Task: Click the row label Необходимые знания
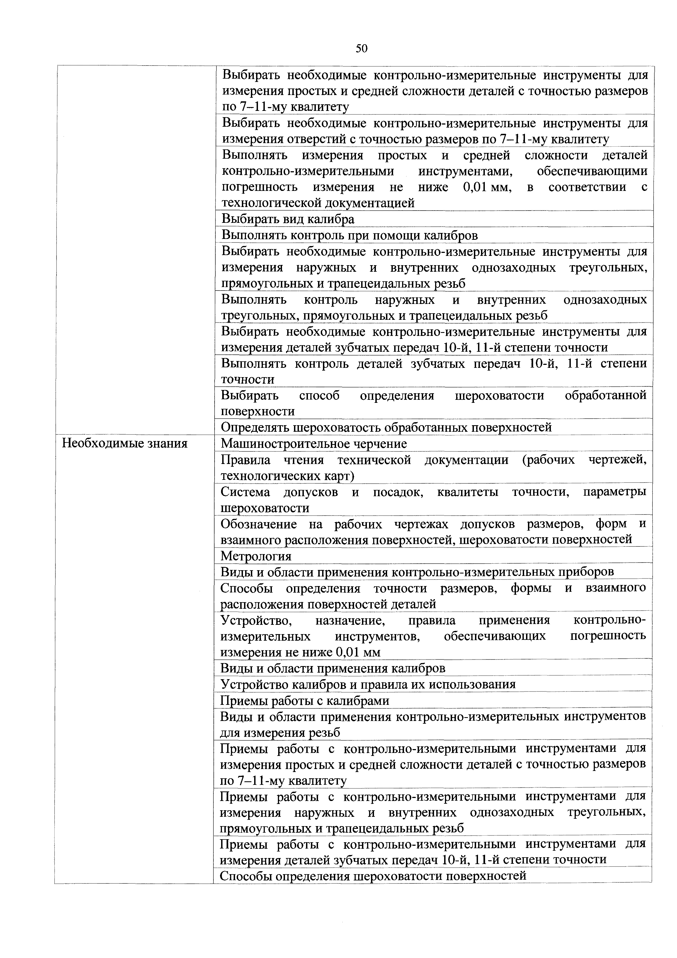click(x=125, y=443)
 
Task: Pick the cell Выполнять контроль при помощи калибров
click(x=349, y=235)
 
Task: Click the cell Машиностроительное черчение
click(x=314, y=443)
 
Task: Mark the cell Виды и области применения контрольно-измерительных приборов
click(x=417, y=572)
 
